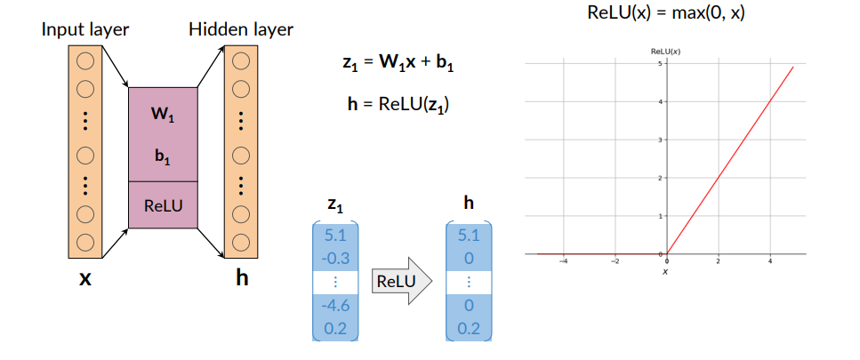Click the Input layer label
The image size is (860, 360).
(x=85, y=29)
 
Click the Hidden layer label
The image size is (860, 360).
(x=241, y=29)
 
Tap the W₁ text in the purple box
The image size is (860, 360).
(x=163, y=115)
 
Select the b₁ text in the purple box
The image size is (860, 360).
(x=163, y=157)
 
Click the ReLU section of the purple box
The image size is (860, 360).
(x=163, y=205)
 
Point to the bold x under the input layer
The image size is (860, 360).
(x=85, y=278)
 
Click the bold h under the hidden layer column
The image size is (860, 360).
(x=241, y=278)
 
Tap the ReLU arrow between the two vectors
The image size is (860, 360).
(x=399, y=281)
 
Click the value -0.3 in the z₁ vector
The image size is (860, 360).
(x=334, y=259)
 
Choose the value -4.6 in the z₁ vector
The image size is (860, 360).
(x=334, y=306)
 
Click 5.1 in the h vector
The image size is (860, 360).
(x=468, y=236)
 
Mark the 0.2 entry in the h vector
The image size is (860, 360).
(x=468, y=329)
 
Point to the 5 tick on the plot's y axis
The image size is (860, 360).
(x=658, y=64)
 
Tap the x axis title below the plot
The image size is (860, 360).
(x=665, y=271)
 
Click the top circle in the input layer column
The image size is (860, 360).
(x=85, y=62)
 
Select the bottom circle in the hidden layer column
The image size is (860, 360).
(x=241, y=240)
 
